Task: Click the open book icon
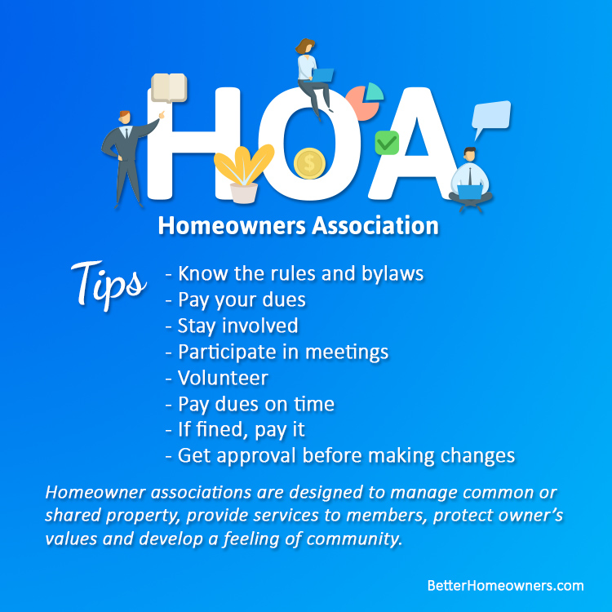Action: click(x=169, y=87)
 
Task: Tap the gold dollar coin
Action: click(x=309, y=163)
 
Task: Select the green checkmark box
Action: click(x=386, y=144)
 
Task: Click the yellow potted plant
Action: click(x=242, y=172)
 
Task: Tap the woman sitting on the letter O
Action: click(x=313, y=73)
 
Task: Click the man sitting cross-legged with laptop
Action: click(x=469, y=181)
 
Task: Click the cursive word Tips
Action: click(x=107, y=282)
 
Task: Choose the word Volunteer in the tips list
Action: click(x=223, y=378)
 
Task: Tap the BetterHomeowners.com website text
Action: click(x=505, y=585)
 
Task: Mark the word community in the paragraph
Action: click(x=359, y=540)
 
